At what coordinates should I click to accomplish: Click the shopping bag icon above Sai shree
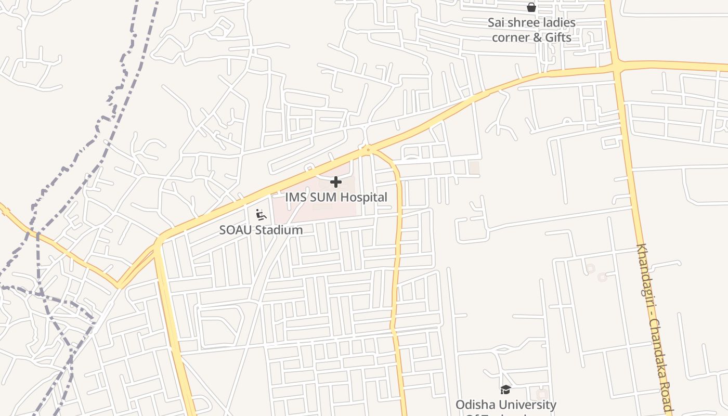click(531, 7)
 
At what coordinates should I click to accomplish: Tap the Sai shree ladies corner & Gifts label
click(531, 30)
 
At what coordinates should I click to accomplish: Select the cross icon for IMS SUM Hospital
click(336, 182)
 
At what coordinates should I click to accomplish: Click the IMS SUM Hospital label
click(336, 197)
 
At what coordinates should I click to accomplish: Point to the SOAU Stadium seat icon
click(261, 214)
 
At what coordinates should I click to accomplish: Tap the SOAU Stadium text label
click(261, 230)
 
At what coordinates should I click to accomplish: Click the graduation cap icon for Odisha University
click(505, 389)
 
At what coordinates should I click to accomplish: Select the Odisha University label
click(505, 405)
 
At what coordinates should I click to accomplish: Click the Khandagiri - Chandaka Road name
click(654, 328)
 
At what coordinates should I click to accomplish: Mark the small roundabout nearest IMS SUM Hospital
click(368, 150)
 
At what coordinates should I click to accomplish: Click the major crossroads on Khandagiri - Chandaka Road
click(616, 66)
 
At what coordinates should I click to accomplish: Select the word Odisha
click(473, 405)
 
